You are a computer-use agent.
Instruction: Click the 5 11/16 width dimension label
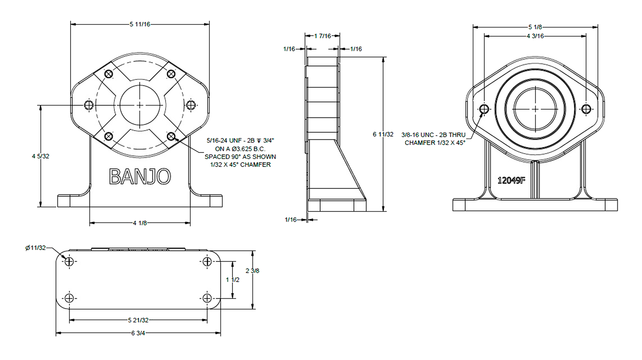coord(140,24)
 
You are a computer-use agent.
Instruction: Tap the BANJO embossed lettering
coord(140,176)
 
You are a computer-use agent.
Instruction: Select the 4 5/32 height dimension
coord(41,156)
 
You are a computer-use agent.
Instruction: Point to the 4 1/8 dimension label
coord(140,223)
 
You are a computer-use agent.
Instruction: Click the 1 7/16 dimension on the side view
coord(322,36)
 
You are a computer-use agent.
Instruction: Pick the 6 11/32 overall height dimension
coord(383,134)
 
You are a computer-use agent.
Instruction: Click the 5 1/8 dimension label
coord(535,27)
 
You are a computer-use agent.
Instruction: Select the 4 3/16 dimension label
coord(535,36)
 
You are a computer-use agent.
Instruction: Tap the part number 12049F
coord(511,180)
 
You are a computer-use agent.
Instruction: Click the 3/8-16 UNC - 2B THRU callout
coord(433,135)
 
